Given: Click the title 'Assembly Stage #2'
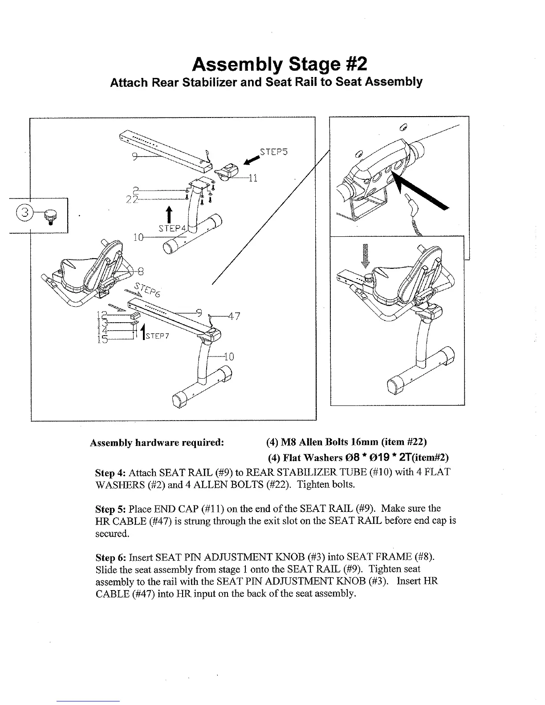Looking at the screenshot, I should pyautogui.click(x=280, y=65).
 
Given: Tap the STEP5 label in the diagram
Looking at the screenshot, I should pyautogui.click(x=274, y=151).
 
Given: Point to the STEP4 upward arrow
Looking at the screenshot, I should pyautogui.click(x=169, y=215).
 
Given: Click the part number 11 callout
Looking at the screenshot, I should pyautogui.click(x=253, y=178).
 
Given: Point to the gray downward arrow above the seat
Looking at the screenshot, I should pyautogui.click(x=365, y=256).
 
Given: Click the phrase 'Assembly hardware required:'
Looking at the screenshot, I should pyautogui.click(x=156, y=443).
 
